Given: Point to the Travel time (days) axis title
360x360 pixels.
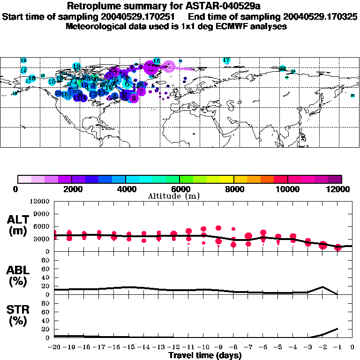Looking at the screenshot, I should point(205,355).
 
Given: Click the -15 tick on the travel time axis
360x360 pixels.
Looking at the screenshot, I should point(129,347).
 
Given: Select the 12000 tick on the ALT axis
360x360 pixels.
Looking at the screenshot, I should point(39,202).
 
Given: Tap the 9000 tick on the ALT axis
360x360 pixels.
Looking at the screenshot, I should point(41,214).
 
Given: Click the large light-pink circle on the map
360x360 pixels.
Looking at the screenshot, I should point(169,67).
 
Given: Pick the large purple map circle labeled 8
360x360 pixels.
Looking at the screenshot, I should point(134,98).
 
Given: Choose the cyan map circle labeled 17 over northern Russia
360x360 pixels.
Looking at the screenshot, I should point(226,60).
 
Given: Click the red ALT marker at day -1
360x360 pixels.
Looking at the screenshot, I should point(337,247).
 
